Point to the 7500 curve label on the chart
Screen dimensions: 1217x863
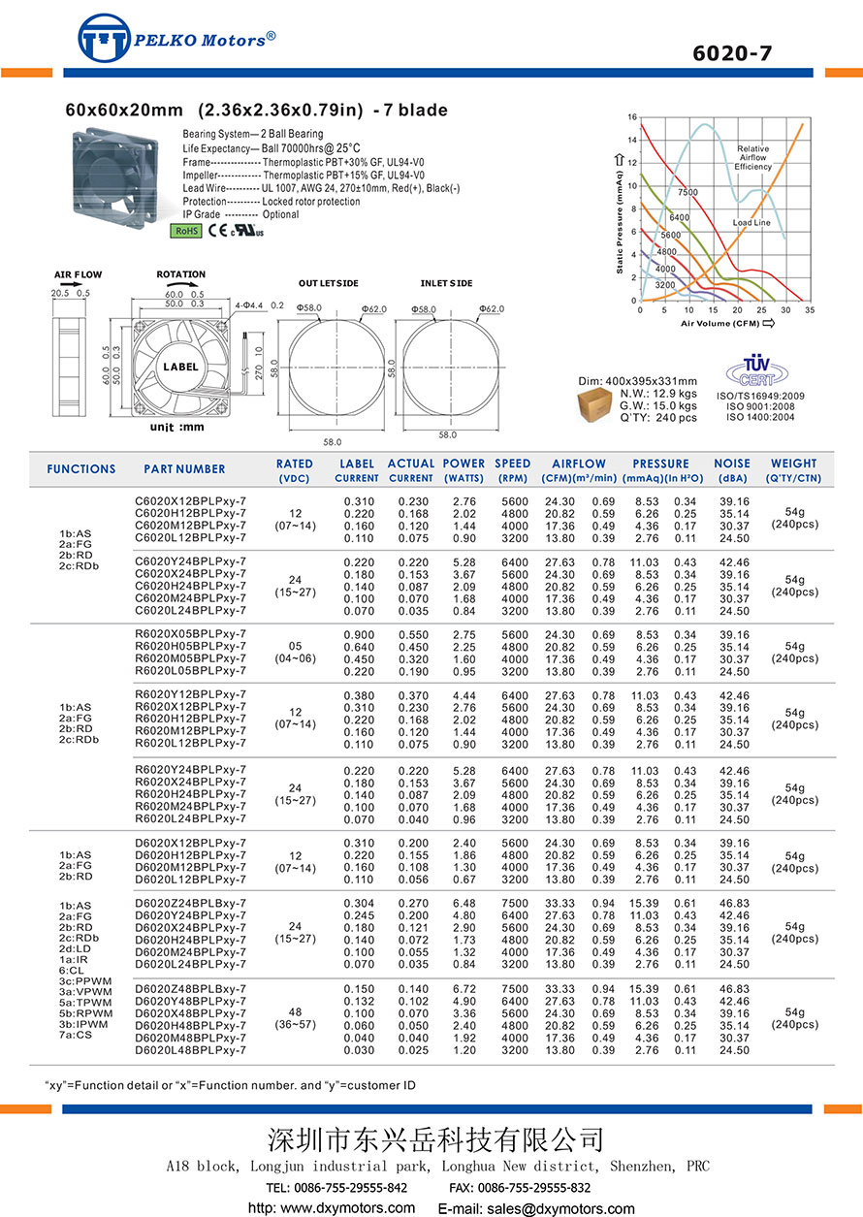(x=688, y=193)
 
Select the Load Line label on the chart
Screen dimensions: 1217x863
(x=751, y=223)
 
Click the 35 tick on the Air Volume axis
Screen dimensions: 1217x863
(x=809, y=310)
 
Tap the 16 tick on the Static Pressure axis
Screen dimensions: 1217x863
(x=632, y=117)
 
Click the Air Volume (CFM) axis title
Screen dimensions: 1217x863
(x=719, y=323)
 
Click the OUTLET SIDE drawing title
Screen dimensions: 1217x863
(x=328, y=283)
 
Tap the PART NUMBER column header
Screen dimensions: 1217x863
(x=184, y=469)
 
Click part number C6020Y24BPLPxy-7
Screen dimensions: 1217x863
(x=190, y=561)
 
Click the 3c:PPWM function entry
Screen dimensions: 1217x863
(x=85, y=980)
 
